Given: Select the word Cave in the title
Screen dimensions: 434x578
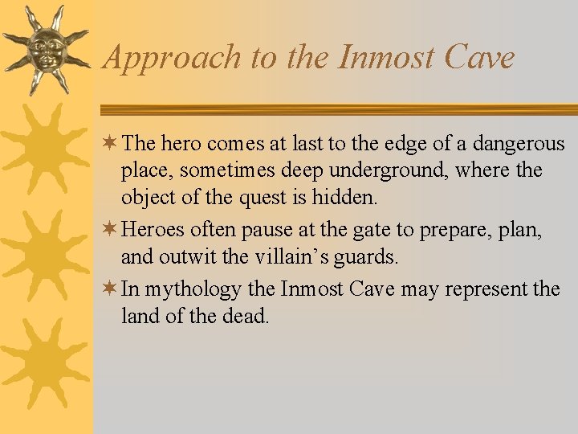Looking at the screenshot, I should click(x=482, y=57).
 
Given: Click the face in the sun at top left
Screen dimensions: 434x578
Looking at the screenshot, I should click(x=45, y=51).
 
